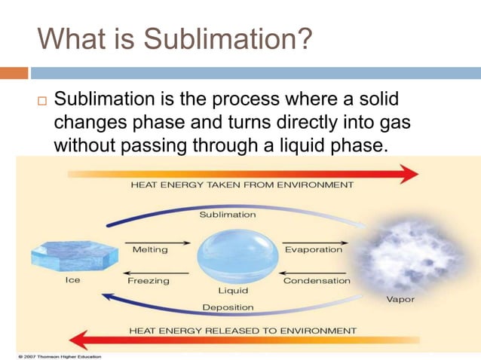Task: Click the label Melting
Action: (x=150, y=249)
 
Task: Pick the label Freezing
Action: (x=149, y=280)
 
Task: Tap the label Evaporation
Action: (x=313, y=249)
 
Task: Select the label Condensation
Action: (x=317, y=280)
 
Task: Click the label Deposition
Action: (x=228, y=307)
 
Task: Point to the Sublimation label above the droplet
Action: (x=227, y=215)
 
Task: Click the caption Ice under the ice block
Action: (x=72, y=280)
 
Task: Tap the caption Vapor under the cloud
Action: (x=400, y=299)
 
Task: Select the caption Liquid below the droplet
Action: (x=233, y=289)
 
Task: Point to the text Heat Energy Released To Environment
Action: (x=242, y=331)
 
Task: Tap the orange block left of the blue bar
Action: (x=14, y=73)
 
